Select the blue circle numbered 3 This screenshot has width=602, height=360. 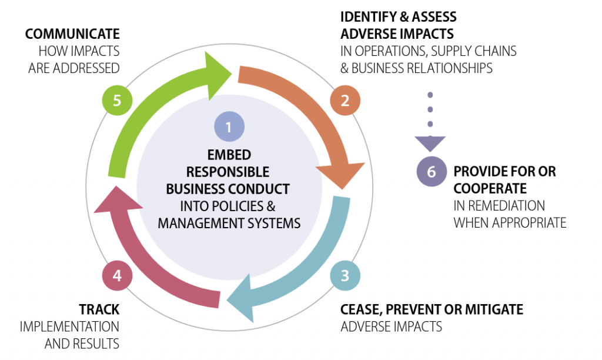tap(345, 275)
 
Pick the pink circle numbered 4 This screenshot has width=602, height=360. tap(117, 275)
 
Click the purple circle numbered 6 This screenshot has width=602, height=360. tap(431, 172)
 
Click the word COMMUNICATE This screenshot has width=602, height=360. tap(72, 34)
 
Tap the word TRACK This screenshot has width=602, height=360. tap(99, 309)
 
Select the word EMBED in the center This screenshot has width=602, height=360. tap(229, 155)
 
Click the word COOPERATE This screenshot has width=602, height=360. tap(490, 189)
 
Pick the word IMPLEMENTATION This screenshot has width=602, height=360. tap(69, 326)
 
